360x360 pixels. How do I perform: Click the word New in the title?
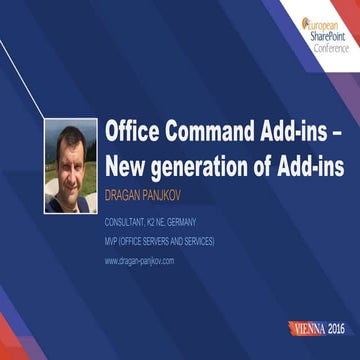pos(127,167)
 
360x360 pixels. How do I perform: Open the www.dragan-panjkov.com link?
pos(139,260)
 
